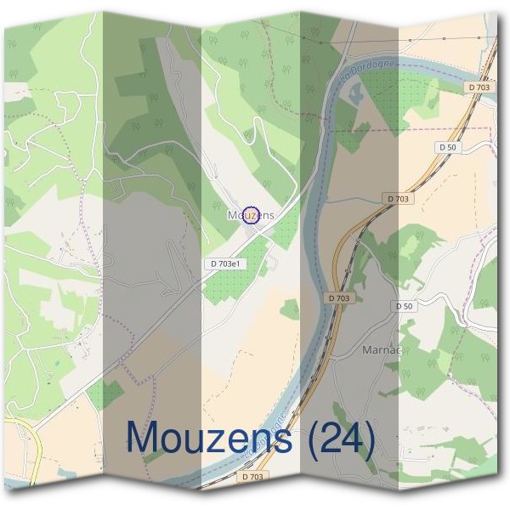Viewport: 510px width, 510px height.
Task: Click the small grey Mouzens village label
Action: (251, 216)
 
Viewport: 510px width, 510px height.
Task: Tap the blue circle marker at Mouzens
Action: (250, 214)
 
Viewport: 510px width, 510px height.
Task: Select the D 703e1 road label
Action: (227, 264)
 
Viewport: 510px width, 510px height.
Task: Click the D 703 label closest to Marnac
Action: (338, 298)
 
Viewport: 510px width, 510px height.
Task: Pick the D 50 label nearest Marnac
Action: (404, 306)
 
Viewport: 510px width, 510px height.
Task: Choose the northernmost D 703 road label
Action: (479, 87)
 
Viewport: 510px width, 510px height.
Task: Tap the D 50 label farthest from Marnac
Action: (447, 147)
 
